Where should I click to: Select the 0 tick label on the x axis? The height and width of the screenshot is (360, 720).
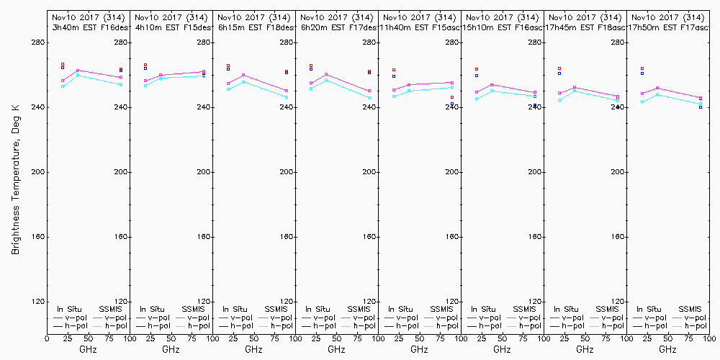pos(48,337)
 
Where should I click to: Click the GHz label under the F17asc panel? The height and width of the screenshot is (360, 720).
pos(667,349)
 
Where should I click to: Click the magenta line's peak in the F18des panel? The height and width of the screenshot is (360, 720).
pos(243,75)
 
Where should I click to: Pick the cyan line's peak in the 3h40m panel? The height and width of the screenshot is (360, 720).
pos(78,75)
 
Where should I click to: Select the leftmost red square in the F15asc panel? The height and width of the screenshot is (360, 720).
pos(394,70)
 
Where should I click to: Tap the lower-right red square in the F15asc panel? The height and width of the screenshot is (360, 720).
pos(452,97)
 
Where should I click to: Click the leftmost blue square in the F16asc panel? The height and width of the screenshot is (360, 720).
pos(477,75)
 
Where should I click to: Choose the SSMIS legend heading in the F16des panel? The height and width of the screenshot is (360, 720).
pos(110,309)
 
